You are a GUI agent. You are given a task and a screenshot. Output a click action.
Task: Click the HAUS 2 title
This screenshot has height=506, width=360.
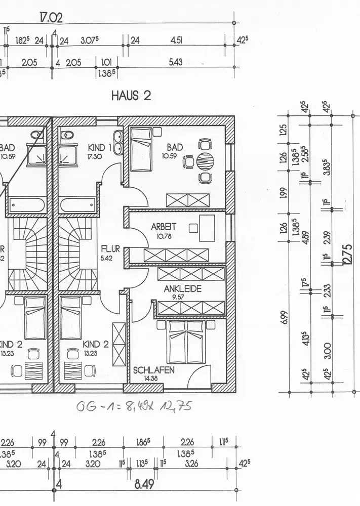131,95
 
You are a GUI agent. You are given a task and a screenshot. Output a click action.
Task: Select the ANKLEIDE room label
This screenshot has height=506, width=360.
183,289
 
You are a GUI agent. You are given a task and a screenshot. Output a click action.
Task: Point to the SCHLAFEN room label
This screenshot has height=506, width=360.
154,370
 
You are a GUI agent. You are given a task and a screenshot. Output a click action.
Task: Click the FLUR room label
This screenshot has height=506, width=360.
110,249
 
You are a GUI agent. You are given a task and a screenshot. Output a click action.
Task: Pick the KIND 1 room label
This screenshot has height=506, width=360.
100,147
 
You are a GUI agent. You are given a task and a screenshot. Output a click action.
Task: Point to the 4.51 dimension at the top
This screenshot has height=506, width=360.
177,40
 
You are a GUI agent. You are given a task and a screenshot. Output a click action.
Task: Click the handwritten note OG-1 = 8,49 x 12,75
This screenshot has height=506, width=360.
133,406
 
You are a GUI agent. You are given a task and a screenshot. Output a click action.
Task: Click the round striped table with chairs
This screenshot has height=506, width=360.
205,162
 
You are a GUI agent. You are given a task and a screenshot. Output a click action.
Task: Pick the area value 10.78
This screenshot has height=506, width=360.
163,236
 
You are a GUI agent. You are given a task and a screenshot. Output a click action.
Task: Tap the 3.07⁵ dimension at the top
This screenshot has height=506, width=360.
90,40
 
